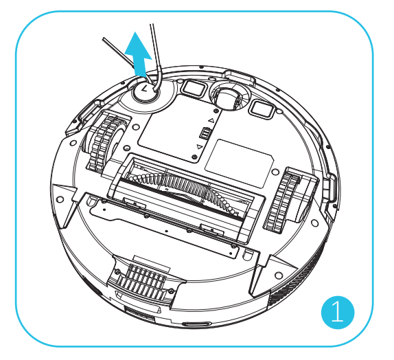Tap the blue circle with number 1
coord(338,312)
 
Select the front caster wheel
coord(229,99)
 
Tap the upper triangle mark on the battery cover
coord(211,120)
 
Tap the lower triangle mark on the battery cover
coord(199,146)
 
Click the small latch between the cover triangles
coord(205,133)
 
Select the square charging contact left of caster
coord(194,88)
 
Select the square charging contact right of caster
coord(262,109)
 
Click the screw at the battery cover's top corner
coord(216,111)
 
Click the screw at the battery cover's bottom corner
coord(194,157)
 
